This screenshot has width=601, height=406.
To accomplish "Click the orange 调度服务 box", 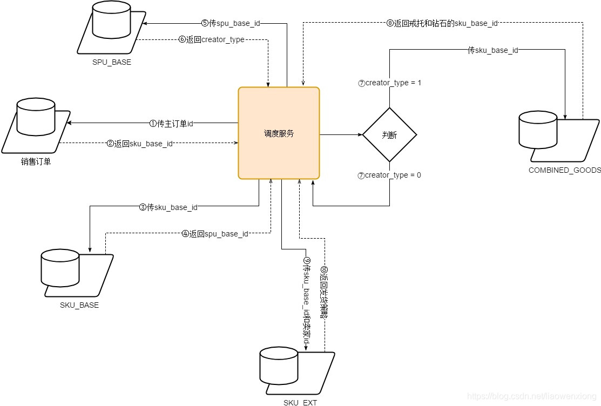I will pyautogui.click(x=279, y=133).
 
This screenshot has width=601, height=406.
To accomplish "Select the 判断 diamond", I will pyautogui.click(x=389, y=135).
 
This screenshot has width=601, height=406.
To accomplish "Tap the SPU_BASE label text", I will pyautogui.click(x=112, y=62).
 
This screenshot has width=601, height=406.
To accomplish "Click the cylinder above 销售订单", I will pyautogui.click(x=35, y=116).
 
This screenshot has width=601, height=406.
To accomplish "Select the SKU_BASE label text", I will pyautogui.click(x=79, y=305).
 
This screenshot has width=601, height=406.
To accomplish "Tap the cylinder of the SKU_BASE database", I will pyautogui.click(x=60, y=268).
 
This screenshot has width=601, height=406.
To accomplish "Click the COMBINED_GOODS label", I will pyautogui.click(x=564, y=170).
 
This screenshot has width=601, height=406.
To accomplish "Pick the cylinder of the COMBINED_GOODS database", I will pyautogui.click(x=537, y=130).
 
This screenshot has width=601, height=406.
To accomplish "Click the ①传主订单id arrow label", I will pyautogui.click(x=171, y=123).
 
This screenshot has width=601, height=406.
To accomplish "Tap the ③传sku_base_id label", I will pyautogui.click(x=168, y=207).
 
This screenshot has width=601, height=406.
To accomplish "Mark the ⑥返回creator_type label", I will pyautogui.click(x=211, y=40).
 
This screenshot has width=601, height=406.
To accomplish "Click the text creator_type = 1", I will pyautogui.click(x=389, y=83).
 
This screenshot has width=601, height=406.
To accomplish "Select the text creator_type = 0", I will pyautogui.click(x=389, y=175).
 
